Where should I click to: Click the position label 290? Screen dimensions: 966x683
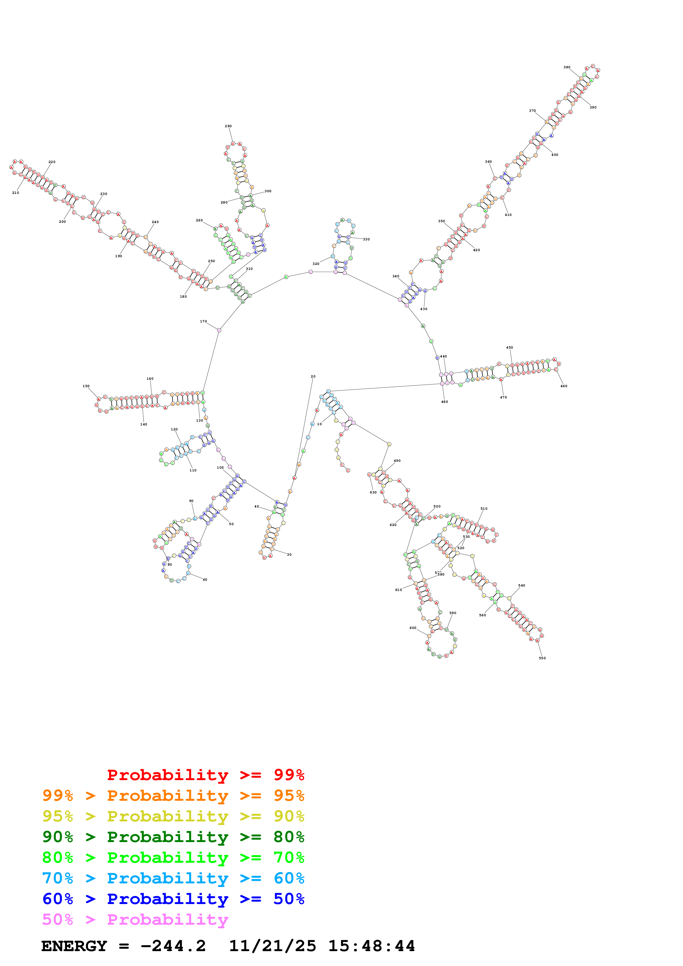(x=228, y=126)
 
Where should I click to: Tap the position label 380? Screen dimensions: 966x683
(x=567, y=67)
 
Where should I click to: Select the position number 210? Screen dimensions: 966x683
(x=16, y=193)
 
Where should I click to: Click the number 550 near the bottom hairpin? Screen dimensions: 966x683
(x=542, y=658)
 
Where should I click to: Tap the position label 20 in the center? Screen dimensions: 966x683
(x=313, y=376)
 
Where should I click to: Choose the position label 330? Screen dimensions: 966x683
(x=366, y=239)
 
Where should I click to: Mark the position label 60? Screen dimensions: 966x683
(x=205, y=580)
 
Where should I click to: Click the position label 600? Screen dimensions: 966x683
(x=413, y=628)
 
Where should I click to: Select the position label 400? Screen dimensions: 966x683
(x=555, y=155)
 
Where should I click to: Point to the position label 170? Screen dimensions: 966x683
(x=203, y=321)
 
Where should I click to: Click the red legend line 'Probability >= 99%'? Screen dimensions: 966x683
(x=205, y=775)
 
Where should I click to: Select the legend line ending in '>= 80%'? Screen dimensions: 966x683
(x=173, y=837)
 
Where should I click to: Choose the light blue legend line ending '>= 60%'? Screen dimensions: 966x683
(x=173, y=878)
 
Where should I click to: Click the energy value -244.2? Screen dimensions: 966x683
(x=173, y=946)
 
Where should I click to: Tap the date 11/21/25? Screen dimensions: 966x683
(x=272, y=946)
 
